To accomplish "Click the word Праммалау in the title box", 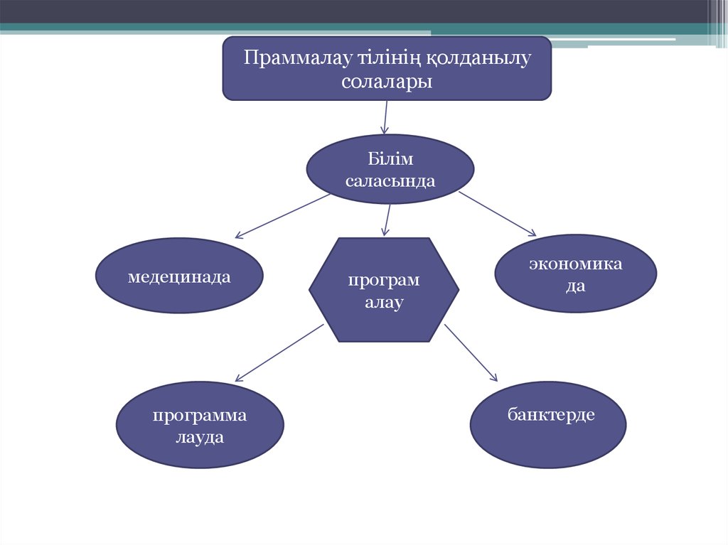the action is (299, 58).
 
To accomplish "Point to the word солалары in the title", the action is (387, 82).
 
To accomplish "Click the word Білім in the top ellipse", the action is (390, 159).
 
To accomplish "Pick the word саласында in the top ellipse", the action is (390, 181).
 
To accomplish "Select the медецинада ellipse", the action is (179, 275).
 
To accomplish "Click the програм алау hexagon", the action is (384, 290).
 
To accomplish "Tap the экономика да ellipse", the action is (576, 274).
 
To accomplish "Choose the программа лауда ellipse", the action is (200, 425).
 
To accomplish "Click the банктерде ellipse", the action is (548, 425).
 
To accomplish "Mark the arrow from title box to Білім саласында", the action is (385, 117).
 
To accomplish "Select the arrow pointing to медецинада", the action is (282, 216).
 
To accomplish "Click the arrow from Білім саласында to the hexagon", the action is (387, 220).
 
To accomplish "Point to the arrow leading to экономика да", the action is (497, 214).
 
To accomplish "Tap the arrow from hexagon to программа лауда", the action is (279, 353).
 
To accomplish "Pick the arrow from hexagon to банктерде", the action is (471, 353).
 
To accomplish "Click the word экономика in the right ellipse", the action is (576, 264).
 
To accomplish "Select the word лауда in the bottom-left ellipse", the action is (200, 437).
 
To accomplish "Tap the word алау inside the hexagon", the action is (384, 303).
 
